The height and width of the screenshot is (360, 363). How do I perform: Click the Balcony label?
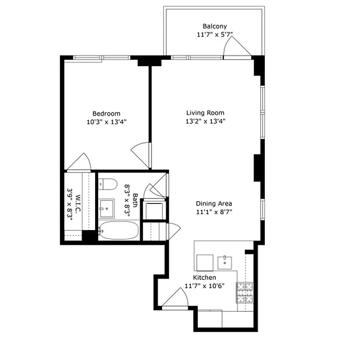tap(214, 26)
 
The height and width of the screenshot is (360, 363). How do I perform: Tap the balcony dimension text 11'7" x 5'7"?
tap(214, 34)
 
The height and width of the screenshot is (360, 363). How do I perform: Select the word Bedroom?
tap(106, 113)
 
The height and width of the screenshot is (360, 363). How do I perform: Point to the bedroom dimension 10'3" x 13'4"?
tap(106, 121)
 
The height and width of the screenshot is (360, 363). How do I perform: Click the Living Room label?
tap(205, 113)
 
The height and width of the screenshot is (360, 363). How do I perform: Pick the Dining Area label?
tap(214, 203)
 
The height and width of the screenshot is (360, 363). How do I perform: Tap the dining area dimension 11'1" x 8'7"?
tap(214, 211)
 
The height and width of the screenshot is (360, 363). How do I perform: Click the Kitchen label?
tap(204, 278)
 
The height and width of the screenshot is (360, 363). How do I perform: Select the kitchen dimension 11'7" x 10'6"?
tap(204, 286)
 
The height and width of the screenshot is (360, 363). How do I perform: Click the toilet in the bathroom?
tap(108, 184)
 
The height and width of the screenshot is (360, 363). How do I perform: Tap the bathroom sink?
tap(107, 207)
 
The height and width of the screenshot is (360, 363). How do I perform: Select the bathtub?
tap(118, 231)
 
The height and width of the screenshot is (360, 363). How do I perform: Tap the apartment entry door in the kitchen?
tap(176, 299)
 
